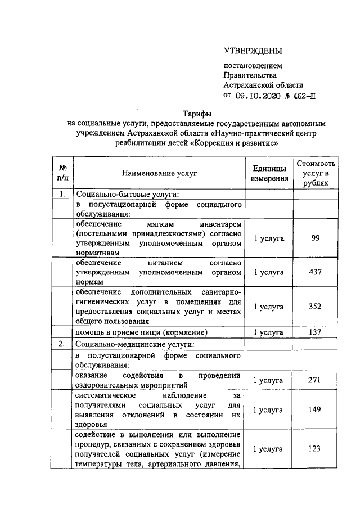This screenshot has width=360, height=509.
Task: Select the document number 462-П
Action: click(x=301, y=95)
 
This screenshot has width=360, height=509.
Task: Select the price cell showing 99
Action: click(x=316, y=238)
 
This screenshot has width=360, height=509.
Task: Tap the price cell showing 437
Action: click(x=316, y=272)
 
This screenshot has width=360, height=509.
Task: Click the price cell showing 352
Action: click(x=316, y=307)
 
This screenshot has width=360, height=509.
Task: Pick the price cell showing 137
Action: click(x=316, y=332)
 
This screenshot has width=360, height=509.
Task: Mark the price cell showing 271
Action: click(x=316, y=380)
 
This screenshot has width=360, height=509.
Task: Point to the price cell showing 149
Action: click(x=316, y=410)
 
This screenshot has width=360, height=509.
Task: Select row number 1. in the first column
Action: click(x=63, y=195)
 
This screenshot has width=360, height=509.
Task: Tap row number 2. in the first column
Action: click(x=63, y=344)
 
